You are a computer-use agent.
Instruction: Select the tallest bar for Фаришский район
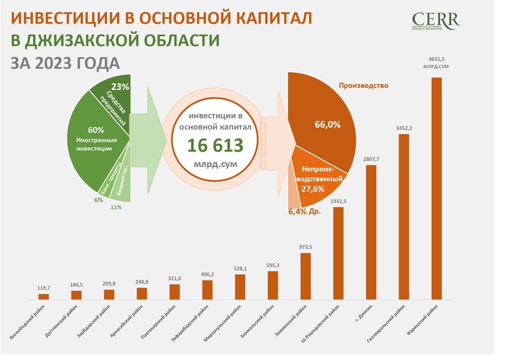pos(436,188)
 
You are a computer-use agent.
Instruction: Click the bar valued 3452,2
pos(403,216)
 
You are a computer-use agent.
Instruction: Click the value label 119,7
pos(43,287)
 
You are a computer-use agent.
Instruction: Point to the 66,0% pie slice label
pos(328,124)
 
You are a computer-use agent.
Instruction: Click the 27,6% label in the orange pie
pos(313,189)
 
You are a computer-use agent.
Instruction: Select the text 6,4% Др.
pos(305,211)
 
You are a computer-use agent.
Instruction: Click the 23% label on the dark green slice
pos(120,87)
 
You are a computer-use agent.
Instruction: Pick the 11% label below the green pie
pos(115,207)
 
